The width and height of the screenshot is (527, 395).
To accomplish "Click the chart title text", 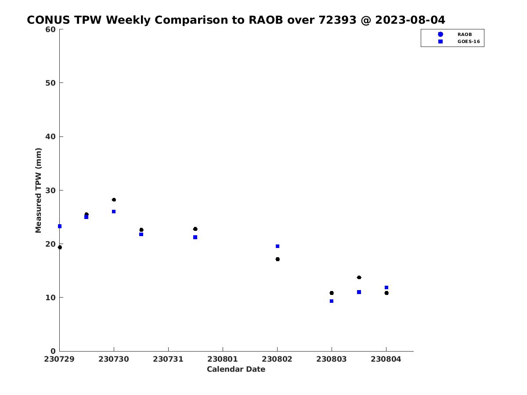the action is pyautogui.click(x=236, y=20).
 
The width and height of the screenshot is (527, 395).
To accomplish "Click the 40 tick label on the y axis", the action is pyautogui.click(x=51, y=136).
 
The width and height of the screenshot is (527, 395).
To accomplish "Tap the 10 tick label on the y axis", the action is pyautogui.click(x=51, y=298).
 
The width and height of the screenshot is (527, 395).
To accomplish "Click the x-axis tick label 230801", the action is pyautogui.click(x=223, y=359).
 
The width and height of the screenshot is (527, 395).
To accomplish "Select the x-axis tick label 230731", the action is pyautogui.click(x=168, y=359).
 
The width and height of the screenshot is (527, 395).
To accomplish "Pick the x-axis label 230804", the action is pyautogui.click(x=386, y=359).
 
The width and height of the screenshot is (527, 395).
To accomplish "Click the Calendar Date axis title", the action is pyautogui.click(x=236, y=369).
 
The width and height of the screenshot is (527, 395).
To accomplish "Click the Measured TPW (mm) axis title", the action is pyautogui.click(x=38, y=190).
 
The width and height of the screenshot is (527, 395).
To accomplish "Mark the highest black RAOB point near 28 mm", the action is pyautogui.click(x=114, y=200).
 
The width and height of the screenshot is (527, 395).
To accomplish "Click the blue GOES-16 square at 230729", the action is pyautogui.click(x=60, y=226).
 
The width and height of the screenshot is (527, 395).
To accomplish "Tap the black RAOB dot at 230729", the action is pyautogui.click(x=60, y=247).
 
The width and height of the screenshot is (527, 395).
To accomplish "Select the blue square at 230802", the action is pyautogui.click(x=278, y=246).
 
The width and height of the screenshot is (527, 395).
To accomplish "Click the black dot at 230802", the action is pyautogui.click(x=278, y=259).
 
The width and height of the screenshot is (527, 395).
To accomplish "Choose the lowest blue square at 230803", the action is pyautogui.click(x=332, y=301).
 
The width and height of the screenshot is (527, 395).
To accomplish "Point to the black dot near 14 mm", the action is pyautogui.click(x=359, y=277).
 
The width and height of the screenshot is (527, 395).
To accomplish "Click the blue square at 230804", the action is pyautogui.click(x=386, y=287).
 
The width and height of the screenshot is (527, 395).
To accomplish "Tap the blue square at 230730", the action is pyautogui.click(x=114, y=212).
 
